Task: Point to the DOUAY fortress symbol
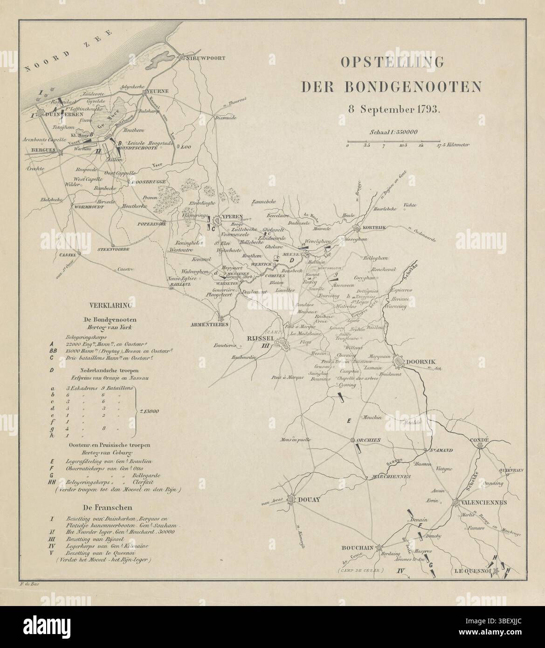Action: (292, 499)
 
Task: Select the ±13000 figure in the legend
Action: (150, 411)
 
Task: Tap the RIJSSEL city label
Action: (259, 339)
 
